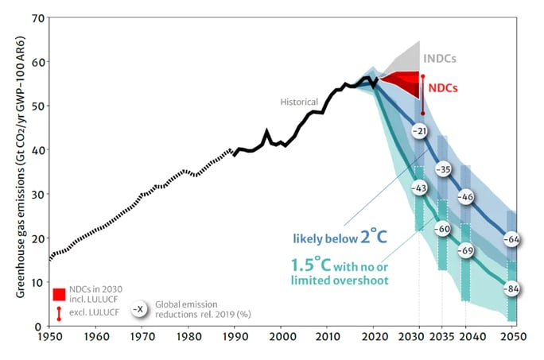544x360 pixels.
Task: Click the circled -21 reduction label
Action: pos(421,131)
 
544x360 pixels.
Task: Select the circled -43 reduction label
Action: pos(419,188)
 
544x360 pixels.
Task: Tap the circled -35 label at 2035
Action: pos(444,169)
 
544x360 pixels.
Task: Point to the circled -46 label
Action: pos(466,196)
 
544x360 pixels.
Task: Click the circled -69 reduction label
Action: pos(466,250)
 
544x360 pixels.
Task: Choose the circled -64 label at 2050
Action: pos(513,239)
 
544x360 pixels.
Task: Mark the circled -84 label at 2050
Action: pos(513,288)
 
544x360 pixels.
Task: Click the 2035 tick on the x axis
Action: pos(442,337)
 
